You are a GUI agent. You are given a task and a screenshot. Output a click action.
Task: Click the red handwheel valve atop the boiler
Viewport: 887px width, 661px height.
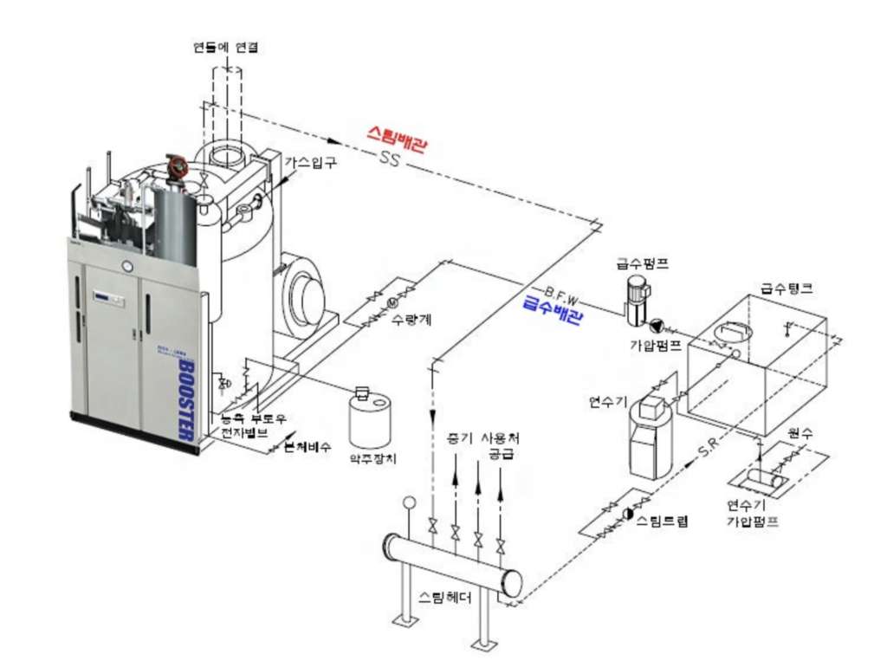(176, 167)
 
